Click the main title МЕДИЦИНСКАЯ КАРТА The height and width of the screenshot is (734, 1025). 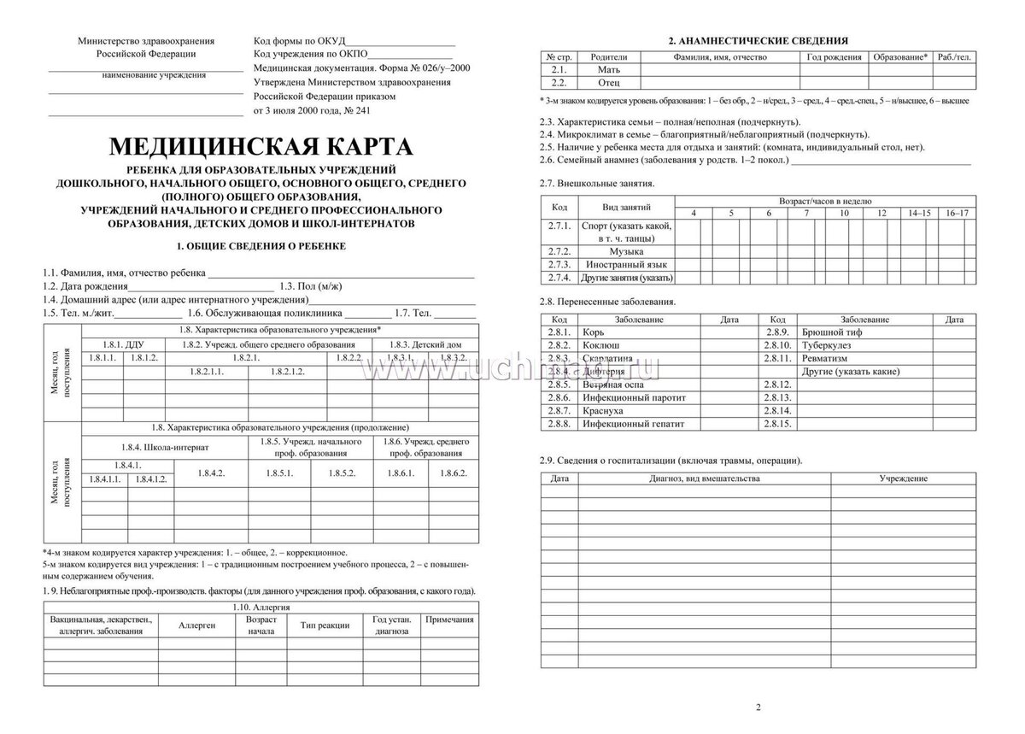click(260, 144)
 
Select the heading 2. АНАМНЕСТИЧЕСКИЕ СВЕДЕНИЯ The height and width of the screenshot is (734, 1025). click(757, 40)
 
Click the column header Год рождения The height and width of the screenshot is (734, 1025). click(834, 56)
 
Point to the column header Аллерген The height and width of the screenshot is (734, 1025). click(196, 625)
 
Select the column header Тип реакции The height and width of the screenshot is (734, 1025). click(325, 625)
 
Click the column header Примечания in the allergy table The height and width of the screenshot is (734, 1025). click(449, 619)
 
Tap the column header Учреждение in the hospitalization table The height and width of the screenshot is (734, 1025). click(904, 479)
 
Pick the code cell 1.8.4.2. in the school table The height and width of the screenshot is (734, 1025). click(210, 473)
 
